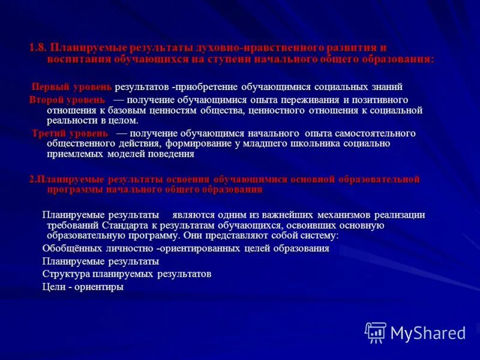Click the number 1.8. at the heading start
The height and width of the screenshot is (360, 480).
tap(38, 48)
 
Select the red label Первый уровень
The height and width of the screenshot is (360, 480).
tap(71, 86)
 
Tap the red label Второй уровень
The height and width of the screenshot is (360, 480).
tap(67, 100)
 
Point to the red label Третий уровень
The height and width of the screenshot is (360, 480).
tap(70, 133)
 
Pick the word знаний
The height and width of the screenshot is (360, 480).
tap(385, 86)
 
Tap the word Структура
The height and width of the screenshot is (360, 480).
tap(65, 274)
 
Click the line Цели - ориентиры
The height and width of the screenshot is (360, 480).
tap(83, 287)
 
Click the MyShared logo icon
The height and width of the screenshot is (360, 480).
tap(376, 332)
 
